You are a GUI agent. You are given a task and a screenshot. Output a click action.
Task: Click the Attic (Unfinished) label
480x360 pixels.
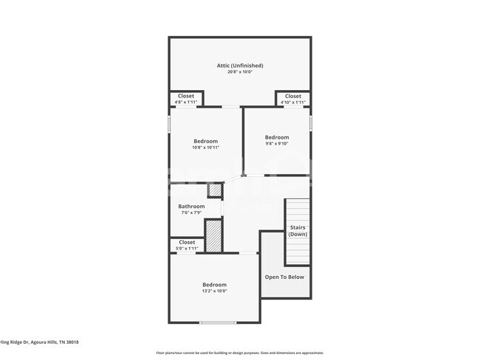pyautogui.click(x=239, y=66)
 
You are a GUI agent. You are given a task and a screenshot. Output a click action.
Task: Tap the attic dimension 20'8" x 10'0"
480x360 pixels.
pyautogui.click(x=239, y=72)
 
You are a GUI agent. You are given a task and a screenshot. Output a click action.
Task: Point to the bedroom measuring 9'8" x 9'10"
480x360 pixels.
pyautogui.click(x=277, y=140)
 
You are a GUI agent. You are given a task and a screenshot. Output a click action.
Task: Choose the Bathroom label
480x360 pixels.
pyautogui.click(x=191, y=207)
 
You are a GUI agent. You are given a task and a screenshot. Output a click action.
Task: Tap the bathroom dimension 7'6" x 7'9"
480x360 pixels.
pyautogui.click(x=191, y=213)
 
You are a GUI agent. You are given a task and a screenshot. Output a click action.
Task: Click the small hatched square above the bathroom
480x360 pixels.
pyautogui.click(x=214, y=190)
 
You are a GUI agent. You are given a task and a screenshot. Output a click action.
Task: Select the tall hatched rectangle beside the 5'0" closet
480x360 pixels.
pyautogui.click(x=213, y=236)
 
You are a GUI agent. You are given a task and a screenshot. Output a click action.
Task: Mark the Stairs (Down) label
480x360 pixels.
pyautogui.click(x=298, y=231)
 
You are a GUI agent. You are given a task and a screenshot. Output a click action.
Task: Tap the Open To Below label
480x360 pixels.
pyautogui.click(x=284, y=277)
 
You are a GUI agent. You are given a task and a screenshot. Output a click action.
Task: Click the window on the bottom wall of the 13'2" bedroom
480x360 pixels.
pyautogui.click(x=218, y=322)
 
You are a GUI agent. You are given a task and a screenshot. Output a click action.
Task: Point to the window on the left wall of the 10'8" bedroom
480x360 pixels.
pyautogui.click(x=169, y=122)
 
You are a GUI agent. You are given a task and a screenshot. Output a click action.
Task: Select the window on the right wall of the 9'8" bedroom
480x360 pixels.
pyautogui.click(x=310, y=121)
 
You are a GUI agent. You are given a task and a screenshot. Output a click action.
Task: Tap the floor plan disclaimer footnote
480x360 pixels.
pyautogui.click(x=239, y=353)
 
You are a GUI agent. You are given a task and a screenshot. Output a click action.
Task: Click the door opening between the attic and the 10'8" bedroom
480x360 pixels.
pyautogui.click(x=231, y=108)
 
